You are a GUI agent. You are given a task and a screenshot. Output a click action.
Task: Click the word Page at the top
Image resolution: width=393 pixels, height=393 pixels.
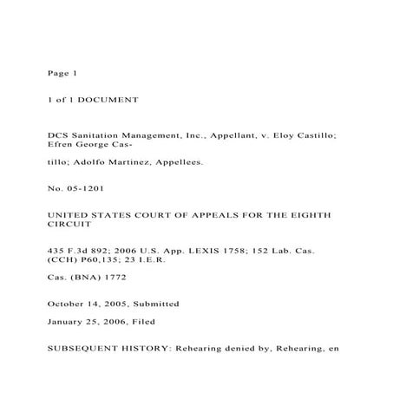[x=57, y=72]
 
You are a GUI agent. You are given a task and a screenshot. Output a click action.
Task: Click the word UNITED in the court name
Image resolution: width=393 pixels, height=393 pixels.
[x=69, y=213]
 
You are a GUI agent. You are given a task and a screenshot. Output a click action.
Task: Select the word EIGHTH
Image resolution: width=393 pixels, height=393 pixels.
[x=309, y=213]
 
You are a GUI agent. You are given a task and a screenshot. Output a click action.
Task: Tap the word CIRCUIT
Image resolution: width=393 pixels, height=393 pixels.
[x=71, y=224]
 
